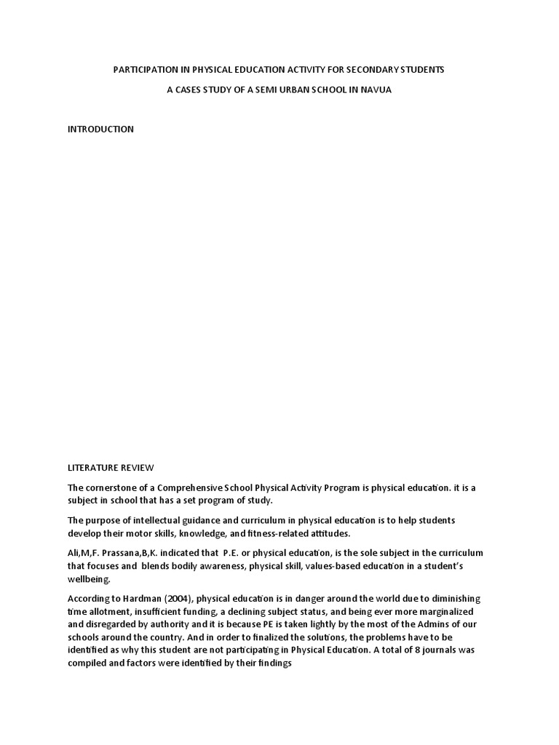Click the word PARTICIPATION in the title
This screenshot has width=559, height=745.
tap(143, 70)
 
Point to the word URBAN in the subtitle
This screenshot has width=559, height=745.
tap(265, 90)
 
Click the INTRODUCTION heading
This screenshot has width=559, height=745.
tap(100, 130)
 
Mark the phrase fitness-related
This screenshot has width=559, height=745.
tap(273, 533)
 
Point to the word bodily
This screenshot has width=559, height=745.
tap(187, 566)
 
